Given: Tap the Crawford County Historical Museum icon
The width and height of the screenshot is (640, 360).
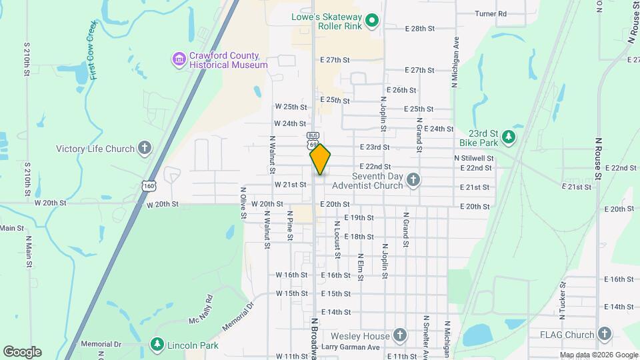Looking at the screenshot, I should tap(178, 60).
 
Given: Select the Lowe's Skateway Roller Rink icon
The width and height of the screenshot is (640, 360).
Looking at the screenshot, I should tap(373, 21).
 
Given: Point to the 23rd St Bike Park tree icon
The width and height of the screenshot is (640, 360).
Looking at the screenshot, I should tap(509, 137).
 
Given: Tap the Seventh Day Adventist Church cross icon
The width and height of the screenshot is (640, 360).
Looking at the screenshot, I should tap(413, 179).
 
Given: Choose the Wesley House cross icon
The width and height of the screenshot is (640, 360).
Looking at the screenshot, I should tap(399, 334).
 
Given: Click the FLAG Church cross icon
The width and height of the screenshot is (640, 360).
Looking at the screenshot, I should tap(604, 334).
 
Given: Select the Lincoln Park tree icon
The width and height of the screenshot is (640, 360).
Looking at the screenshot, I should tap(157, 344).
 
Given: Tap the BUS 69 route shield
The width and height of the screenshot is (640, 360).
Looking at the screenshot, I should tap(313, 140).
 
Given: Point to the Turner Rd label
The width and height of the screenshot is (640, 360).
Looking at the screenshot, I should tap(491, 13).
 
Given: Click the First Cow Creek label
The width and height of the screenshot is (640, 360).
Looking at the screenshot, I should tap(94, 51).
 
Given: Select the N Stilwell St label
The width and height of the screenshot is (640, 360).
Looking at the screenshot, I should tap(473, 158).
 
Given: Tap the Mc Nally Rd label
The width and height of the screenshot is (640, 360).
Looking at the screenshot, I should tap(200, 309).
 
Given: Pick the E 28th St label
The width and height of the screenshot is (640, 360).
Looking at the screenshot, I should tap(419, 29).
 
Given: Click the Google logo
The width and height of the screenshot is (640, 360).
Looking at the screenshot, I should tap(21, 352).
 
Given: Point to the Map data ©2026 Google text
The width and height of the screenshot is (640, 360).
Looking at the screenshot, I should tap(599, 355).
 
